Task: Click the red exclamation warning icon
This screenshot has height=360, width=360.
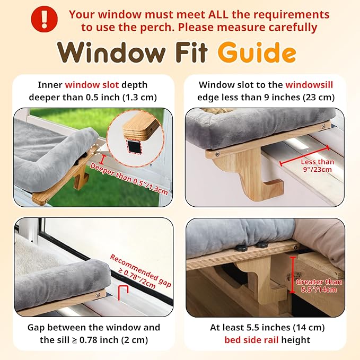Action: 45,19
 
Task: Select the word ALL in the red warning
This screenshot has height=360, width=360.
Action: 218,15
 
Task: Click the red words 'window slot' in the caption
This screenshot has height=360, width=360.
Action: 92,85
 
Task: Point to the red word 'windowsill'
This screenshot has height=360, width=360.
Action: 309,85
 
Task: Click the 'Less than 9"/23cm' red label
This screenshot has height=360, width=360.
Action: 317,165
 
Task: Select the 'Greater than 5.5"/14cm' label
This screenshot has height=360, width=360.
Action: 319,285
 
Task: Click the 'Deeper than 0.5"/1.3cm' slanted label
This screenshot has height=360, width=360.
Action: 129,179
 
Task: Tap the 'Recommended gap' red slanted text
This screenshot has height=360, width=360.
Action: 141,270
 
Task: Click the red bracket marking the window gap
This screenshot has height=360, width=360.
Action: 123,293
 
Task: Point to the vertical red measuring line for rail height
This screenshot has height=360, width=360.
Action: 292,275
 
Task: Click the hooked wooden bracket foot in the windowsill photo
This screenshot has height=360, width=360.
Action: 273,188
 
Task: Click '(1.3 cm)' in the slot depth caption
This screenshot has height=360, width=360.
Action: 140,98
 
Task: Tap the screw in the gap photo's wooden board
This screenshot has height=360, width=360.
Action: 98,295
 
